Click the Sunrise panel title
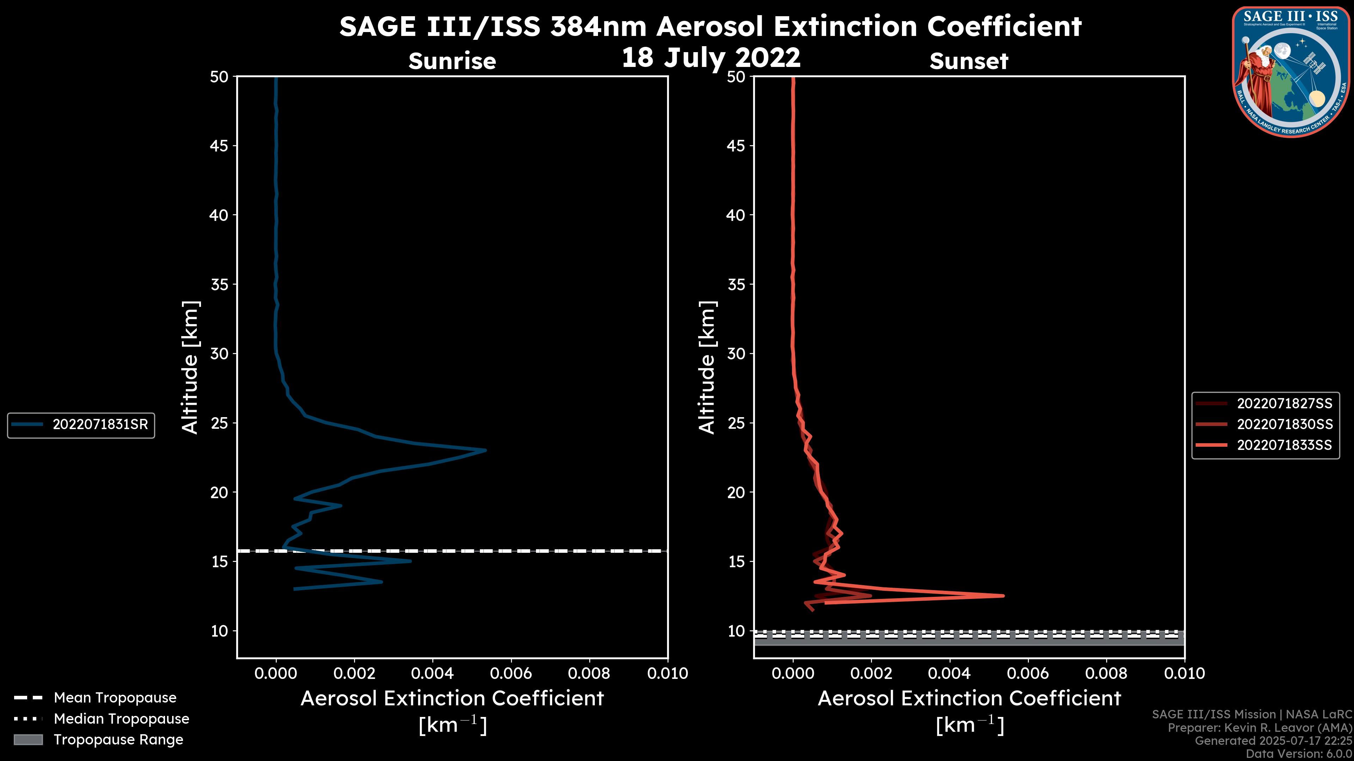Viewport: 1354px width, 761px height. coord(452,61)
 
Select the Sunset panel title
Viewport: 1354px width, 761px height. coord(969,61)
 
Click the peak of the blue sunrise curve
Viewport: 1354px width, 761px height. coord(485,450)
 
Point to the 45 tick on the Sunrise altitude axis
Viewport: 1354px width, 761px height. coord(219,146)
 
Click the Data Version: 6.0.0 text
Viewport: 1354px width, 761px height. coord(1298,754)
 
